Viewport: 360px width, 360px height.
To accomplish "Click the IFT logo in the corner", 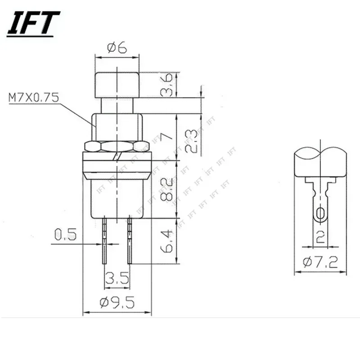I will point(33,23).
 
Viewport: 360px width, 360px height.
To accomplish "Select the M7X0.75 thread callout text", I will point(33,98).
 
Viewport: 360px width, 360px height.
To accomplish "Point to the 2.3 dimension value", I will point(191,141).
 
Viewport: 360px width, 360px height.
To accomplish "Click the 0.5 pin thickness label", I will point(66,234).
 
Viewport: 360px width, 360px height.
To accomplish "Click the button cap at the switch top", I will point(117,84).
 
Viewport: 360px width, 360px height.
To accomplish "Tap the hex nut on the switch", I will point(117,146).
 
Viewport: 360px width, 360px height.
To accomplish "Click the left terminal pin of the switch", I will point(105,241).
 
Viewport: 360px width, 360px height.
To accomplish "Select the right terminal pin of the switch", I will point(130,241).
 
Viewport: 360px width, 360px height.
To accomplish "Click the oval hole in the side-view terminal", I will point(320,214).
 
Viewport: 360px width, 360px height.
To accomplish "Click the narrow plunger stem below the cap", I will point(117,106).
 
